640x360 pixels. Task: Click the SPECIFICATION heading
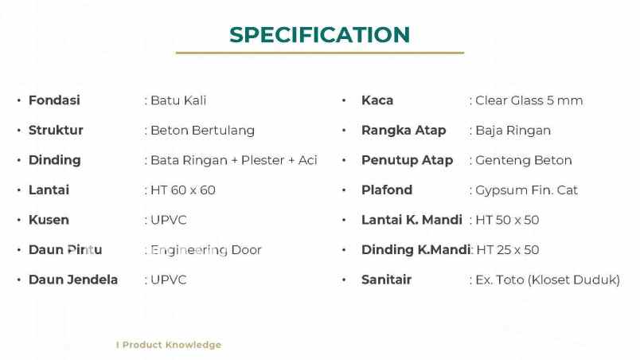click(x=319, y=35)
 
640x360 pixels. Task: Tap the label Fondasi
click(x=54, y=100)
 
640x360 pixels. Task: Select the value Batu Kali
click(x=178, y=100)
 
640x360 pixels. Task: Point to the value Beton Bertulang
click(x=202, y=131)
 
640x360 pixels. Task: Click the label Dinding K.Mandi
click(x=416, y=250)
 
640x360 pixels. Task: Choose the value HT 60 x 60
click(x=183, y=190)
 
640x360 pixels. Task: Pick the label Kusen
click(x=49, y=220)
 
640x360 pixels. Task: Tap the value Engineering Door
click(x=206, y=250)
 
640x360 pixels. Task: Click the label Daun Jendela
click(x=73, y=280)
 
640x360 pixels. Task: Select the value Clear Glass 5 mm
click(x=529, y=100)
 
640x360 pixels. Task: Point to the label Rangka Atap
click(x=404, y=131)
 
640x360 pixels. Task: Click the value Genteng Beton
click(x=524, y=160)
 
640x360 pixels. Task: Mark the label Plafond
click(x=387, y=190)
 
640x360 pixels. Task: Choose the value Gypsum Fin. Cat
click(x=526, y=190)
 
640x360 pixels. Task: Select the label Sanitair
click(x=387, y=280)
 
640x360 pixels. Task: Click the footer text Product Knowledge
click(x=171, y=345)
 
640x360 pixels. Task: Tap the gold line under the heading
click(x=319, y=53)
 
